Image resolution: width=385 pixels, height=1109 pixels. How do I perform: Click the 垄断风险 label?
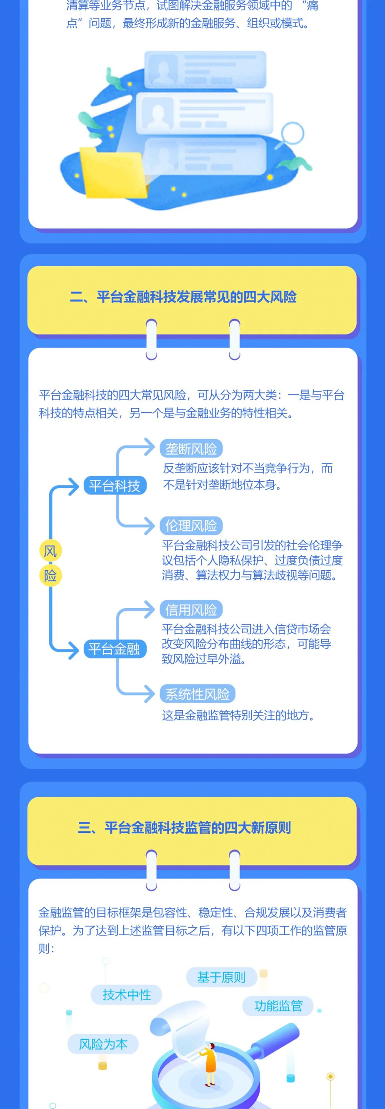(191, 449)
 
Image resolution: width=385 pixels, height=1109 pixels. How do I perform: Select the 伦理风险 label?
(191, 526)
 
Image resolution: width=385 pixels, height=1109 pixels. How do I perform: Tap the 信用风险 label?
(191, 609)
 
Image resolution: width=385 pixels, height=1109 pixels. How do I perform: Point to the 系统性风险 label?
(197, 694)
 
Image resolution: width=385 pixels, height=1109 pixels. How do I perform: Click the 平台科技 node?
(115, 486)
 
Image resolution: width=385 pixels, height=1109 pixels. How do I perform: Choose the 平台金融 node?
(115, 649)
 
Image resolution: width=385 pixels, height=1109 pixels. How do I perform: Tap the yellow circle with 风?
(50, 551)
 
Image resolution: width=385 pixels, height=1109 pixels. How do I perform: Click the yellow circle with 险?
(50, 576)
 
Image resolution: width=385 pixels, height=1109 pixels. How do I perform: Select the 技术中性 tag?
(127, 994)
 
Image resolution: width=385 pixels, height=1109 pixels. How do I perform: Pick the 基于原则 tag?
(221, 977)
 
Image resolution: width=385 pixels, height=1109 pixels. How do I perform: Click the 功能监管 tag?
(278, 1006)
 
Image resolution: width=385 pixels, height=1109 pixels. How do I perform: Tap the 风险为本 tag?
(103, 1044)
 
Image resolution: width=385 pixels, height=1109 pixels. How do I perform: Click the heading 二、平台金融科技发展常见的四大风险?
(183, 297)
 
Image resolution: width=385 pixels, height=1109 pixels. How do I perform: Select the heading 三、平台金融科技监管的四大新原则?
(184, 827)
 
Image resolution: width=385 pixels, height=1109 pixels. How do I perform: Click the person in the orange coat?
(209, 1064)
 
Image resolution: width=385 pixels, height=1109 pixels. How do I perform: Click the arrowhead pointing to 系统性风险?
(149, 694)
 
